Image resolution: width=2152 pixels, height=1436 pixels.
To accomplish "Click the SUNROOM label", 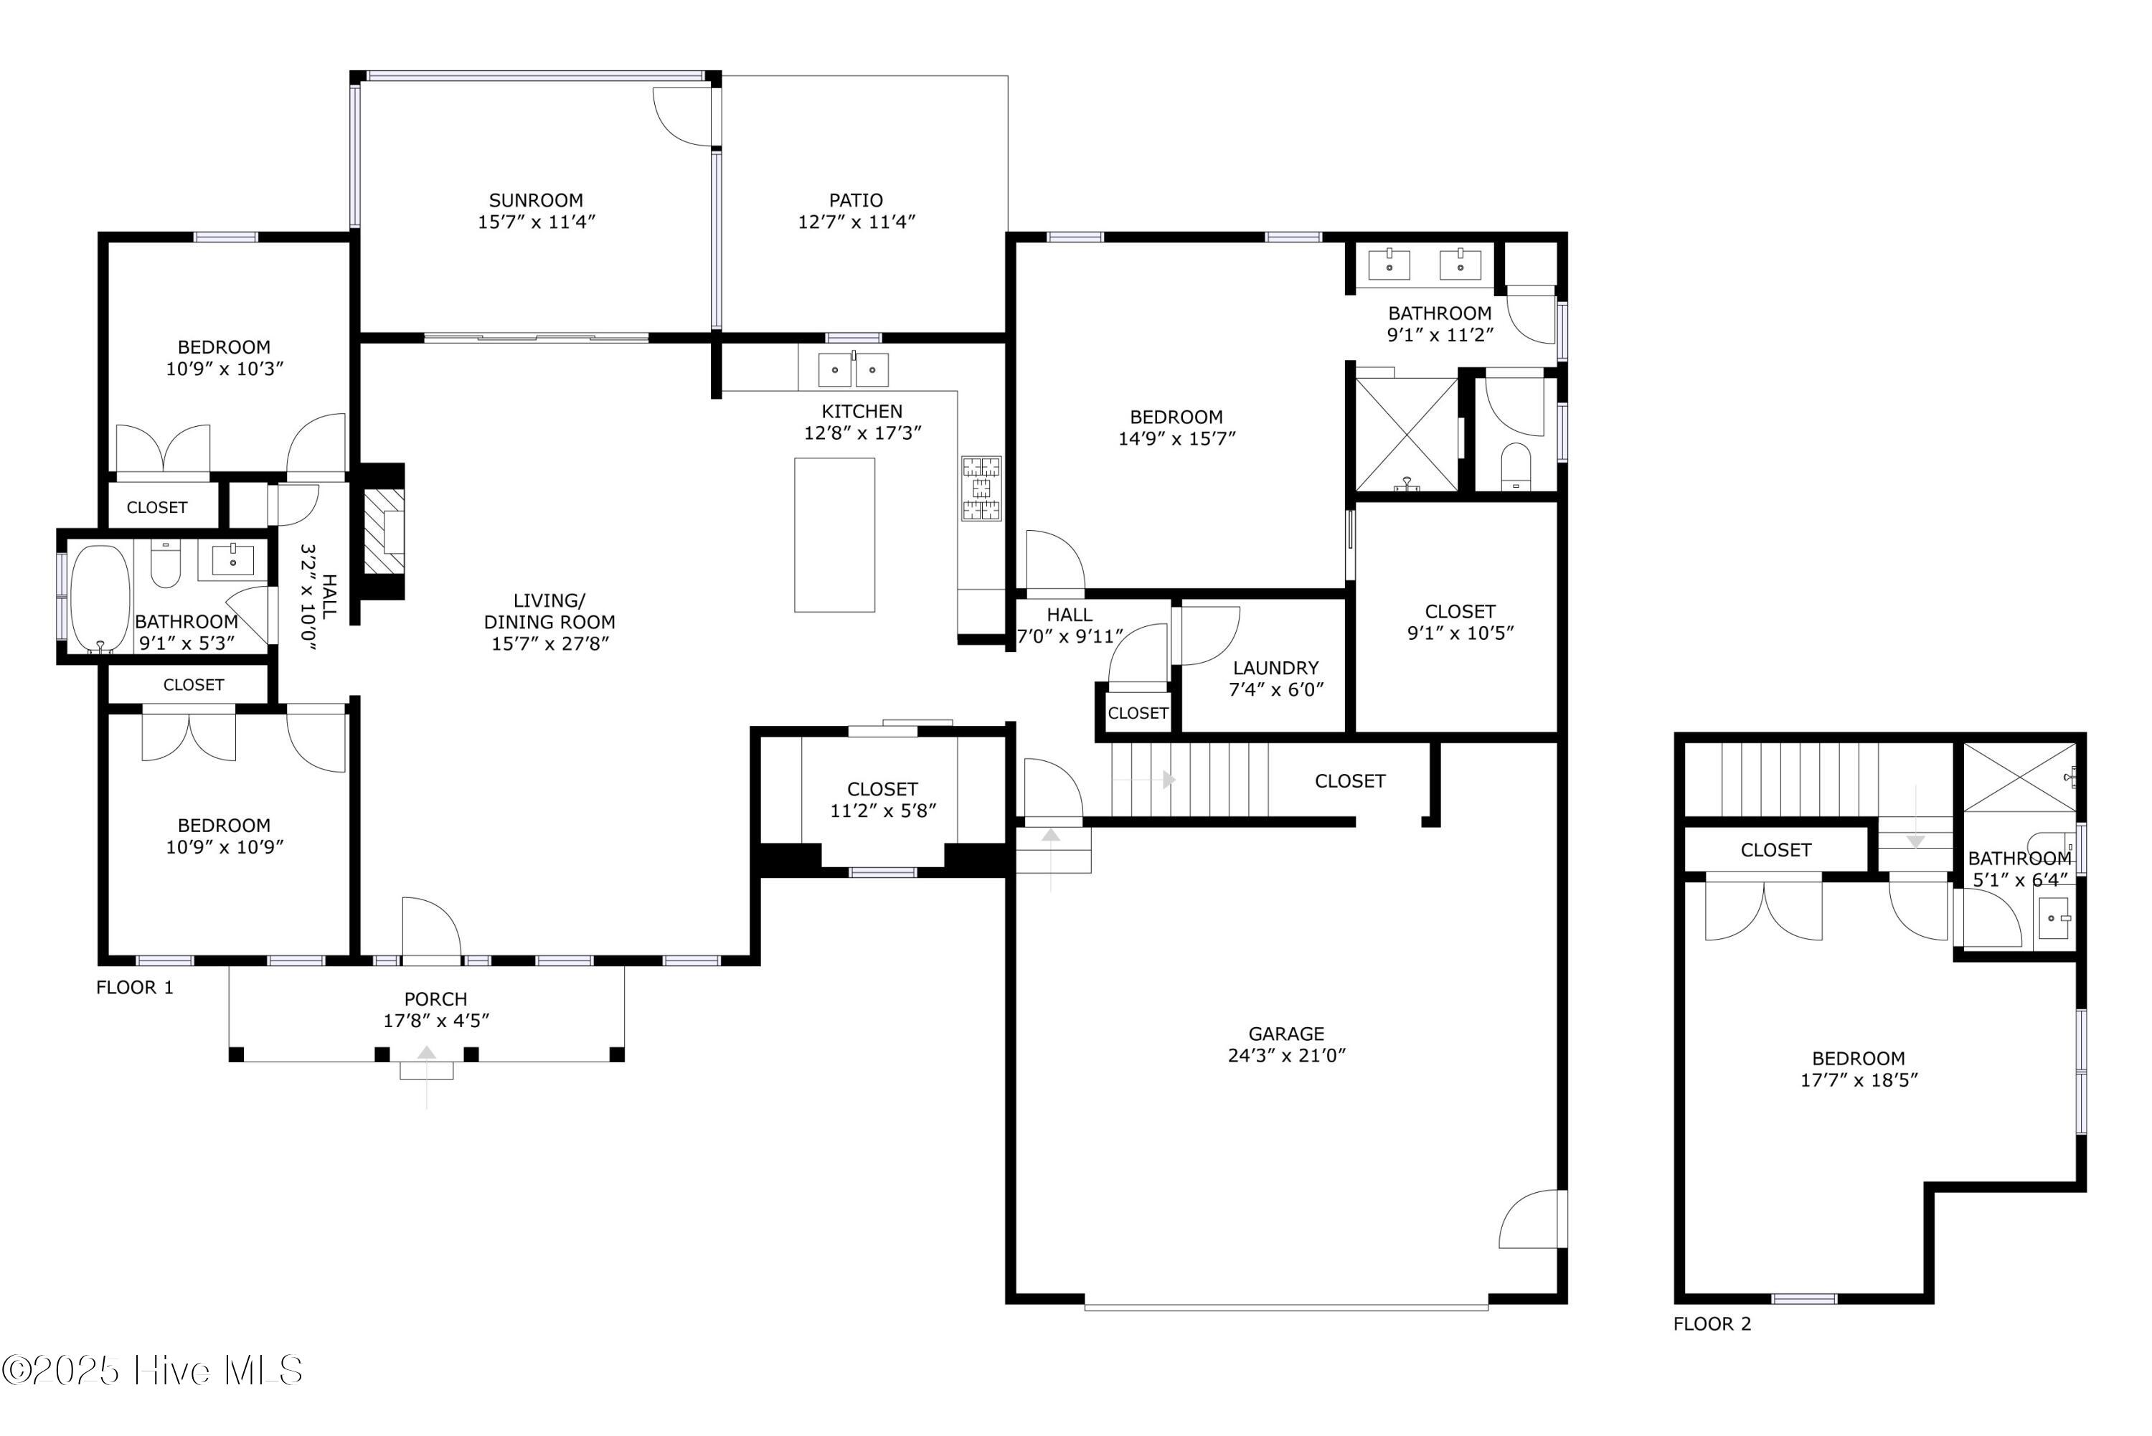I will tap(536, 199).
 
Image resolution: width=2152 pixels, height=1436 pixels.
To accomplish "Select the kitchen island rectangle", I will tap(834, 535).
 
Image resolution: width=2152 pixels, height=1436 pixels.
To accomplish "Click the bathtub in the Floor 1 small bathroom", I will tap(100, 599).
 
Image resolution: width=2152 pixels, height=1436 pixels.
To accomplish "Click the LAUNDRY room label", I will tap(1275, 668).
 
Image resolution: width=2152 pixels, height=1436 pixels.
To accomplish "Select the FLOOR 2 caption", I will tap(1711, 1323).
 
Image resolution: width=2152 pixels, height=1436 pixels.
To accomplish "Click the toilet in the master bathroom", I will tap(1516, 466).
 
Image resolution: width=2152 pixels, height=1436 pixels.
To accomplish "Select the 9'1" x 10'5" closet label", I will tap(1460, 633).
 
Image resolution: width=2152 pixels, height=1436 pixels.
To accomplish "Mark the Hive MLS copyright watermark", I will tap(152, 1371).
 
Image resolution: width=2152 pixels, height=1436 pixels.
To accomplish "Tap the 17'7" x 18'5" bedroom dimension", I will tap(1858, 1080).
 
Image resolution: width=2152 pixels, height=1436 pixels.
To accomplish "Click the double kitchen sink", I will tap(853, 369).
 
